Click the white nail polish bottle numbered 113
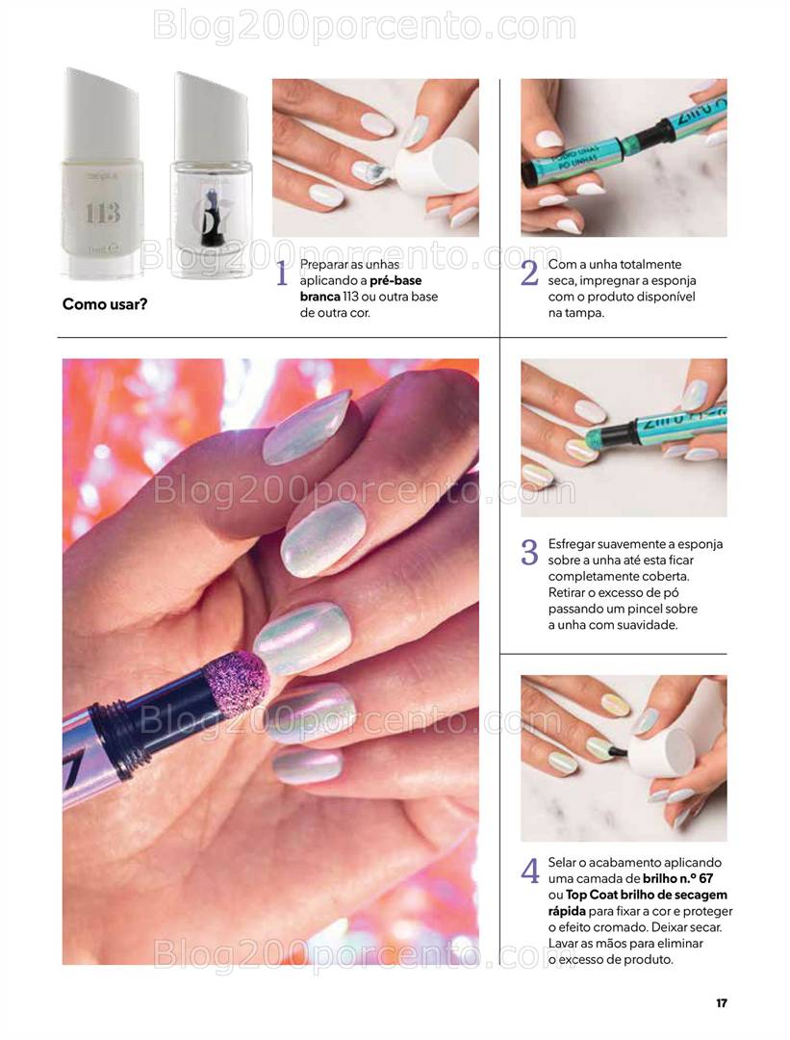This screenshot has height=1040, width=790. [101, 172]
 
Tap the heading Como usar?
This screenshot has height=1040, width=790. [105, 304]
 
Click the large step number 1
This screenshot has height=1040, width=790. [282, 273]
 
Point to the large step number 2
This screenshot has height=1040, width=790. [529, 273]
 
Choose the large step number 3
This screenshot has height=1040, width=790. [529, 553]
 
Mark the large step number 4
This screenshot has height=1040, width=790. [530, 871]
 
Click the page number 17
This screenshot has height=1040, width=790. [721, 1002]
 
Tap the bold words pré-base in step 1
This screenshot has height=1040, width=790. [395, 280]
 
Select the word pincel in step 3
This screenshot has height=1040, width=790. [648, 609]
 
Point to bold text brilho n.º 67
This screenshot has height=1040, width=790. [678, 879]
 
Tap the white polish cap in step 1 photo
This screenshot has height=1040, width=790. [437, 168]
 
